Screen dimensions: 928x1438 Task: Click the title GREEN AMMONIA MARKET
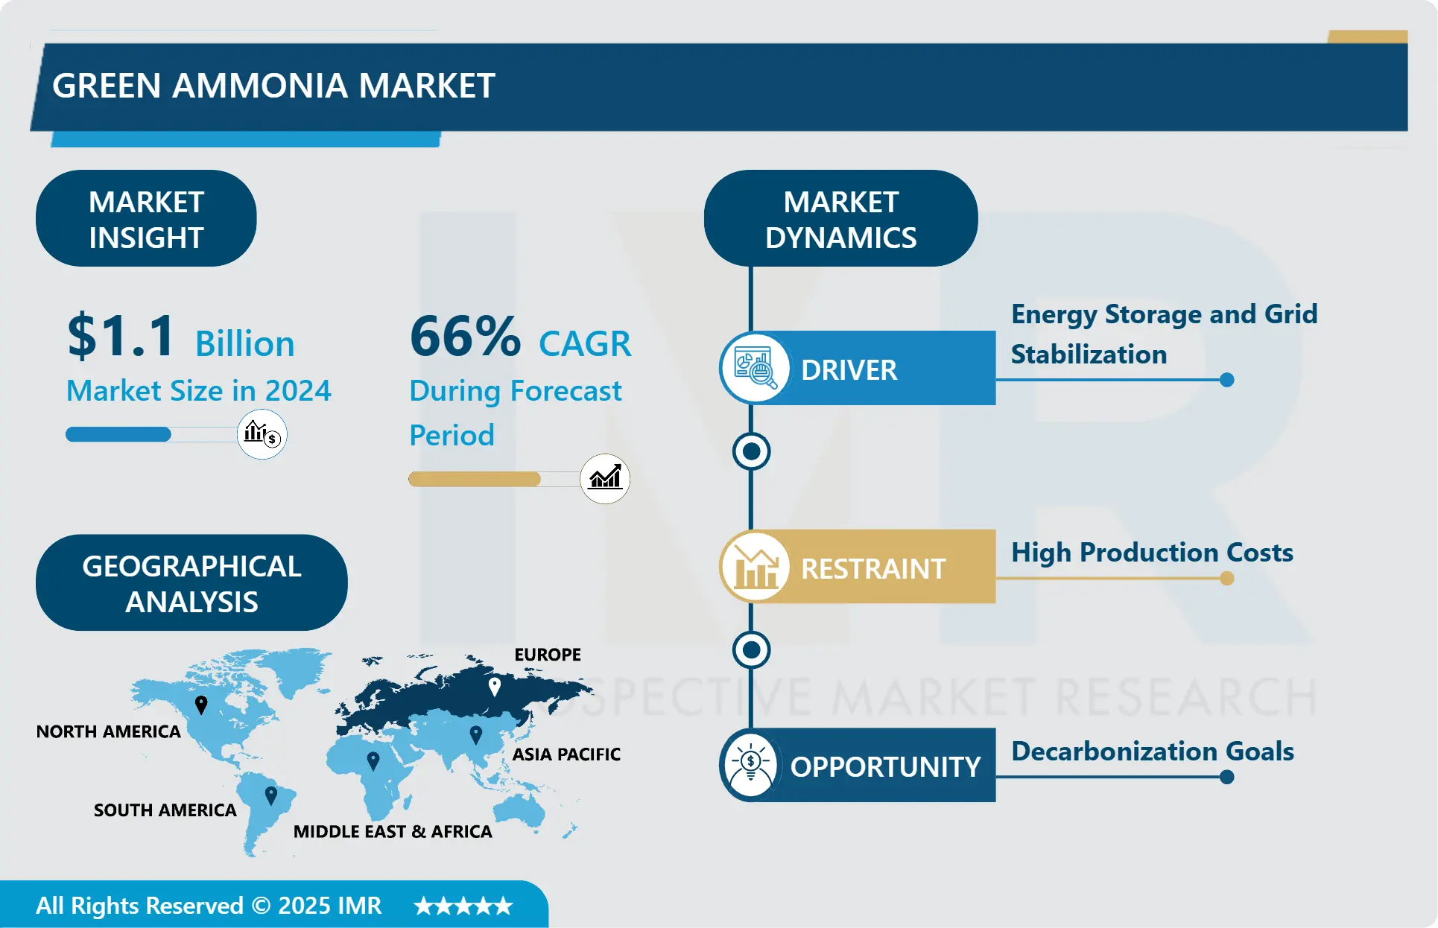pyautogui.click(x=273, y=86)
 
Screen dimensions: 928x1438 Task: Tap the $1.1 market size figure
pyautogui.click(x=121, y=336)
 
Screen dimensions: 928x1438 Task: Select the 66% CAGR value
pyautogui.click(x=465, y=336)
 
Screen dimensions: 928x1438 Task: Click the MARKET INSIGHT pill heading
pyautogui.click(x=146, y=219)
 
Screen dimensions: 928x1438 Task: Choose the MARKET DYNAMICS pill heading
pyautogui.click(x=840, y=219)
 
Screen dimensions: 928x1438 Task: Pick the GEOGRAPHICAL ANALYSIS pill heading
pyautogui.click(x=191, y=583)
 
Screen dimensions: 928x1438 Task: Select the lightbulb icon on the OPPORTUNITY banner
pyautogui.click(x=751, y=765)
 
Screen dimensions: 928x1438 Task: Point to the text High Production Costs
pyautogui.click(x=1152, y=553)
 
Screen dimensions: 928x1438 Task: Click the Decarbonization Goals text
pyautogui.click(x=1152, y=751)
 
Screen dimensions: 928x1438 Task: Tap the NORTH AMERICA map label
pyautogui.click(x=109, y=731)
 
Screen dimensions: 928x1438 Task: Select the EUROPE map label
pyautogui.click(x=548, y=655)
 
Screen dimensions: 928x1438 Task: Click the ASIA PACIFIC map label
pyautogui.click(x=566, y=754)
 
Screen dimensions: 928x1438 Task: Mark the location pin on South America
pyautogui.click(x=271, y=795)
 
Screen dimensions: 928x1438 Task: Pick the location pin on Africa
pyautogui.click(x=373, y=760)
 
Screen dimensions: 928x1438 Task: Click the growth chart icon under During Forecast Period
pyautogui.click(x=605, y=478)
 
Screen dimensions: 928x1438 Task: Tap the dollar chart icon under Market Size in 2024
pyautogui.click(x=262, y=433)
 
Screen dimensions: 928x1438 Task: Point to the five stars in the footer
pyautogui.click(x=463, y=906)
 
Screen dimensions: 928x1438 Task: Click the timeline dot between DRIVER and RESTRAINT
pyautogui.click(x=751, y=451)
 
